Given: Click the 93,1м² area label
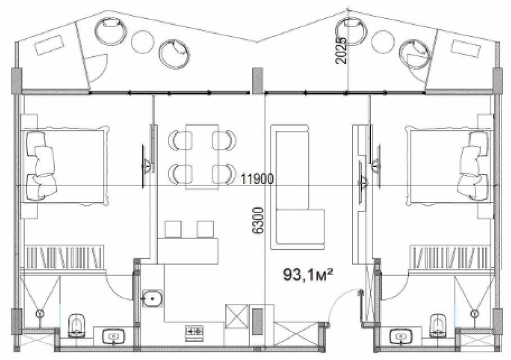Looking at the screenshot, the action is pos(307,274).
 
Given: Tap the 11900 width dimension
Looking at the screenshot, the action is pos(257,179).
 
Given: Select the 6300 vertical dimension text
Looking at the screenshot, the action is pos(258,220).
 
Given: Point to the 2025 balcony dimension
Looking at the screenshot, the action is pos(342,50).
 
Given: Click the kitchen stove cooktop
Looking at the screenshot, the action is pos(195,333).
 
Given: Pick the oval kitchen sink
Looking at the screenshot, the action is pos(152,298).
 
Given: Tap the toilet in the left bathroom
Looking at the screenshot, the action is pos(77,325).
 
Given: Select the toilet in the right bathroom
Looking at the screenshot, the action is pos(438,325).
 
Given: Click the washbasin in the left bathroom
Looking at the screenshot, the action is pos(114,336).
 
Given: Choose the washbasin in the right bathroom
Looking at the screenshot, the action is pos(401,336).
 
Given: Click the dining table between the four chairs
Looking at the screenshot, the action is pos(202,156).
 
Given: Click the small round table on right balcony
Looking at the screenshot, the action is pos(383,42).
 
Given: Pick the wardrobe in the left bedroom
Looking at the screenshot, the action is pos(65,257).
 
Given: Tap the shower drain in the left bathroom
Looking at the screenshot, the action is pos(40,314).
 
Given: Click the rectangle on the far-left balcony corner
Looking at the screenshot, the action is pos(49,45).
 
